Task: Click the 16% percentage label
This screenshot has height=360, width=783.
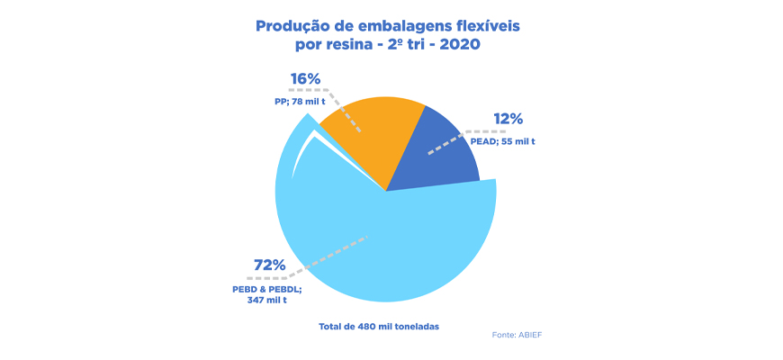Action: click(x=305, y=79)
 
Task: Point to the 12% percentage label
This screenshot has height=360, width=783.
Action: click(x=508, y=120)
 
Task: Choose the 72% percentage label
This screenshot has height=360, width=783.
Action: click(x=269, y=265)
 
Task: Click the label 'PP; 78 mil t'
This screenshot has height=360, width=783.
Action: click(x=300, y=102)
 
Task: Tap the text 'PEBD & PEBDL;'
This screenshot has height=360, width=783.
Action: click(x=266, y=288)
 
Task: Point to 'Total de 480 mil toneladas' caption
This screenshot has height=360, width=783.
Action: click(x=379, y=325)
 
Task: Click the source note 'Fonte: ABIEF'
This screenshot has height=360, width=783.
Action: click(x=517, y=335)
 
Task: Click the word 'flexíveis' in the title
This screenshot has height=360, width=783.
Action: click(x=486, y=26)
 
